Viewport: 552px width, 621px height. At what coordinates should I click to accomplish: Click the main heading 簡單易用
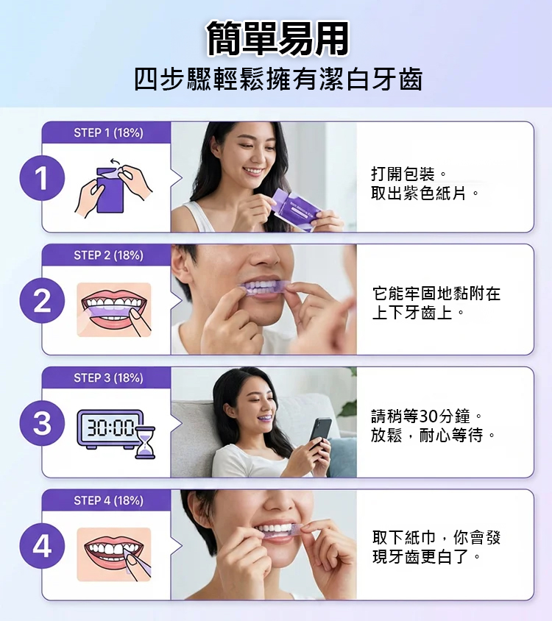(x=277, y=38)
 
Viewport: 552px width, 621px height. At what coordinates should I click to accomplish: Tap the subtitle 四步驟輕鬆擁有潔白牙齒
(x=278, y=79)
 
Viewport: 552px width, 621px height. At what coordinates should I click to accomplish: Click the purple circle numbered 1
(x=42, y=178)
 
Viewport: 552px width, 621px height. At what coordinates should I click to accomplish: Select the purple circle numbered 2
(x=42, y=301)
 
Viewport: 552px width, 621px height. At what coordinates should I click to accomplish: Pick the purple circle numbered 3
(x=42, y=423)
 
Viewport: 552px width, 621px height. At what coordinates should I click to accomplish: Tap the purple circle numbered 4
(x=42, y=546)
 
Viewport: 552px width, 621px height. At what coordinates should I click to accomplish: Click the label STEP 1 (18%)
(x=108, y=132)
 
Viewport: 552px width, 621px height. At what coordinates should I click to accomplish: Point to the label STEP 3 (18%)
(x=108, y=378)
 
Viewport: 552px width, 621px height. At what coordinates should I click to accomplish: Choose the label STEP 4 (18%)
(x=108, y=500)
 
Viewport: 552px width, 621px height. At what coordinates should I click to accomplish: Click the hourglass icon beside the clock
(x=145, y=443)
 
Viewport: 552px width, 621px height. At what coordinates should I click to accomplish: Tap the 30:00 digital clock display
(x=110, y=429)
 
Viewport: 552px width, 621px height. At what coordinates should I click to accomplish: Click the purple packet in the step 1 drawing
(x=110, y=190)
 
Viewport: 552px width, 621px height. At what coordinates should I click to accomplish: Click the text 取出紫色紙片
(x=418, y=194)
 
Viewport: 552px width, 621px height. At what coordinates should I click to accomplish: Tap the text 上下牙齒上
(x=412, y=313)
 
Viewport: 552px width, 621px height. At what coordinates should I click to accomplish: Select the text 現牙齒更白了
(x=420, y=557)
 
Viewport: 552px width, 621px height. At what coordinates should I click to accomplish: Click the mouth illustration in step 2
(x=114, y=310)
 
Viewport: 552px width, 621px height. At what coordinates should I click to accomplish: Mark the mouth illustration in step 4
(x=114, y=555)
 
